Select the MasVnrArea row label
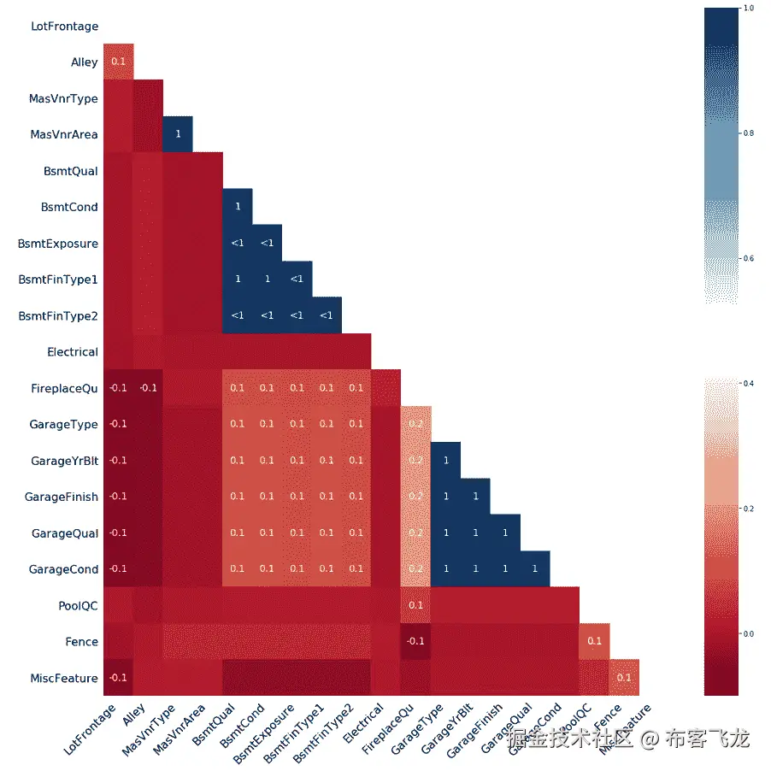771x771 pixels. [63, 135]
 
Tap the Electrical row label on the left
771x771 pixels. [73, 352]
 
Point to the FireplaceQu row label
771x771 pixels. [64, 388]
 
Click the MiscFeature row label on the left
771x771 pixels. [63, 679]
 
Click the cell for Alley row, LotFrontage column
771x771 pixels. [118, 62]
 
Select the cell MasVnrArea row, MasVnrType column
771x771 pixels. [178, 135]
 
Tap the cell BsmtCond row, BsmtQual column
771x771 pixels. [238, 207]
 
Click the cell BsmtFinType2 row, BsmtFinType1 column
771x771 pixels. [327, 315]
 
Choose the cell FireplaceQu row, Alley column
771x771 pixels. [148, 388]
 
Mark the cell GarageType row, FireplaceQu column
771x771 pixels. [415, 424]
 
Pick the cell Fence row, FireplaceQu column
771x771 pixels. [415, 642]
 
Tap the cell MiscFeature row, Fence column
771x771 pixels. [624, 678]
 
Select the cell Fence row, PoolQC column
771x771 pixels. [594, 642]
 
